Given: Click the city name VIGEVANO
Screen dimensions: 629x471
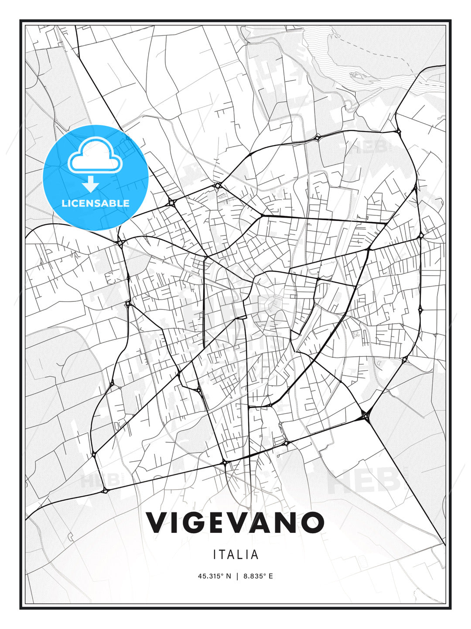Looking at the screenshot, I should (x=235, y=522).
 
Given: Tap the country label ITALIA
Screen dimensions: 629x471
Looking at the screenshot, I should (x=235, y=555).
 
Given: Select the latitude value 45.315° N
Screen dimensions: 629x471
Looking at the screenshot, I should (x=215, y=576).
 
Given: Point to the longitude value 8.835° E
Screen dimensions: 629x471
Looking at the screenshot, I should (x=258, y=576).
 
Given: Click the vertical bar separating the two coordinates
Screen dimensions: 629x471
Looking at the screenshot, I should (x=237, y=576).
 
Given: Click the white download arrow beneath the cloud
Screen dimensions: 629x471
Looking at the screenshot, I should (x=91, y=184).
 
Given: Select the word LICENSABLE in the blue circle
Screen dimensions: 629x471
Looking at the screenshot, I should (x=96, y=203).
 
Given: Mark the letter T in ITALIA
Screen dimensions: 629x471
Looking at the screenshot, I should (x=224, y=555).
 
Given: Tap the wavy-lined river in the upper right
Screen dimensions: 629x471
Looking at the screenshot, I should (x=331, y=61).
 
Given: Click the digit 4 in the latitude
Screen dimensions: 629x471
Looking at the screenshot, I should (x=200, y=576).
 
